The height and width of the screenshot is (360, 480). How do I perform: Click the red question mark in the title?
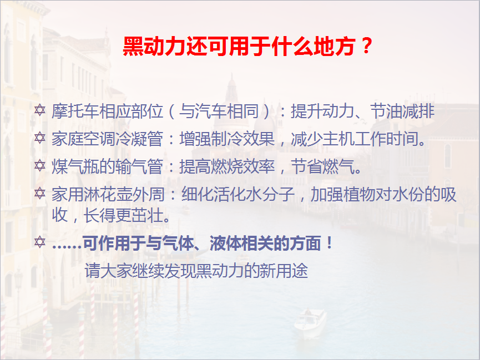(x=366, y=46)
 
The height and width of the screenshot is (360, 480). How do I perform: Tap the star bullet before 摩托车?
(x=40, y=110)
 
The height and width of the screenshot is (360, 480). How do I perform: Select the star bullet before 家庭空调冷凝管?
(x=40, y=138)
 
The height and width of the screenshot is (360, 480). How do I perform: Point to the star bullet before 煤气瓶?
(x=40, y=166)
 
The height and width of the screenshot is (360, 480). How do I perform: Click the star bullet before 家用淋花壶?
(x=40, y=194)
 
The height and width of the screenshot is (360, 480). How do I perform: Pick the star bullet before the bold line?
(x=40, y=242)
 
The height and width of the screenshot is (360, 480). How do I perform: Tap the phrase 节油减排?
(x=402, y=110)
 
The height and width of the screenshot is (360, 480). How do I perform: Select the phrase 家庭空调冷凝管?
(x=107, y=138)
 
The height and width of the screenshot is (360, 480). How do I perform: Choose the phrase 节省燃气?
(x=322, y=166)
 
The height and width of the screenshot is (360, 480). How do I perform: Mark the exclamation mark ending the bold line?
(x=330, y=243)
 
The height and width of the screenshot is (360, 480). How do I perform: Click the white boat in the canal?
(x=310, y=323)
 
